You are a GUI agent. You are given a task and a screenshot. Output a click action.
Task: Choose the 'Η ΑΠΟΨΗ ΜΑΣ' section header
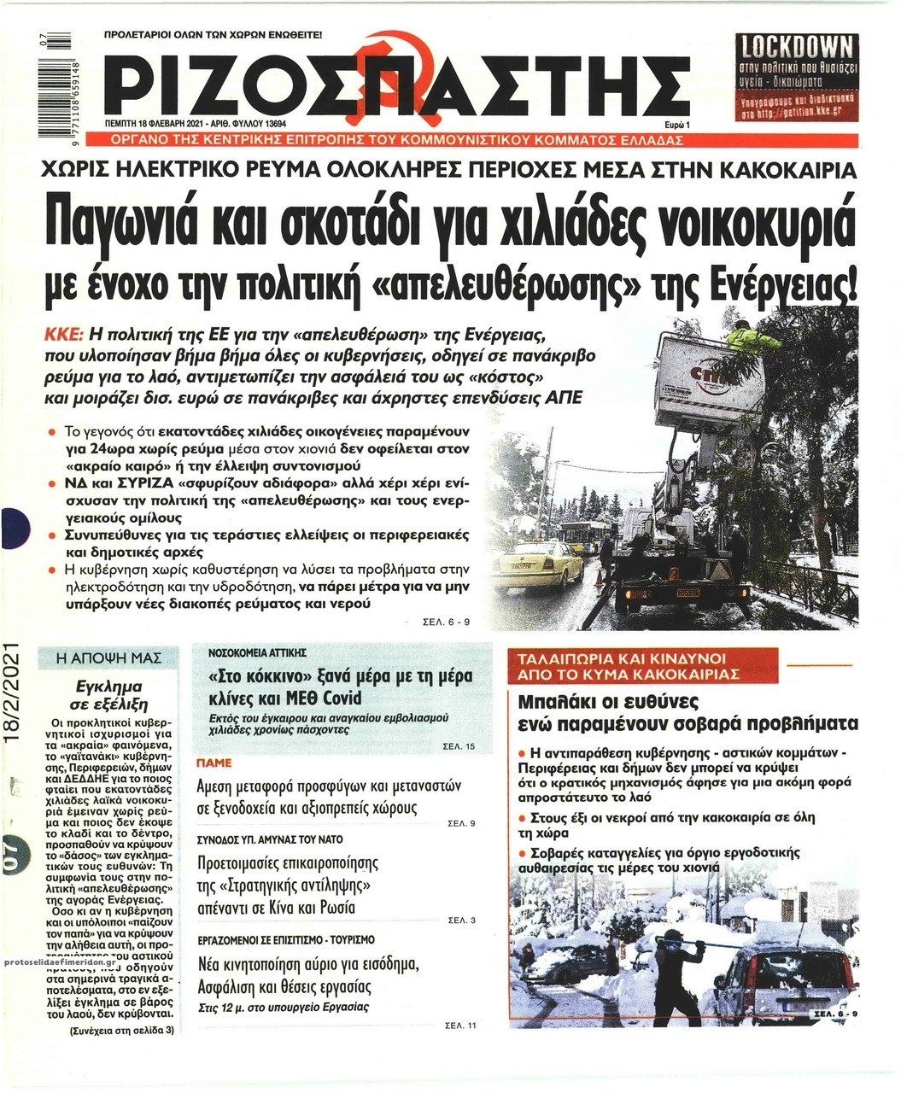click(107, 658)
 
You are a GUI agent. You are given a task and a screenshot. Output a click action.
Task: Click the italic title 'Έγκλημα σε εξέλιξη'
click(107, 695)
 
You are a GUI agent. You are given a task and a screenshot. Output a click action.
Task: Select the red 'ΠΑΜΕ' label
click(214, 761)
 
